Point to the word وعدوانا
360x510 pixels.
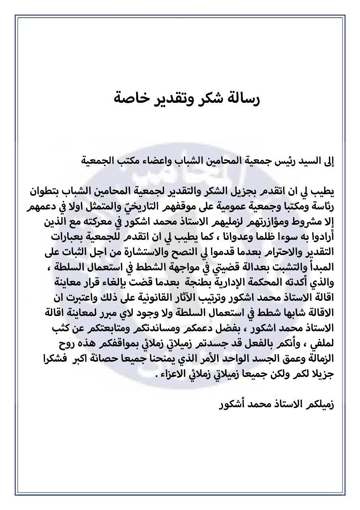[x=228, y=236]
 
